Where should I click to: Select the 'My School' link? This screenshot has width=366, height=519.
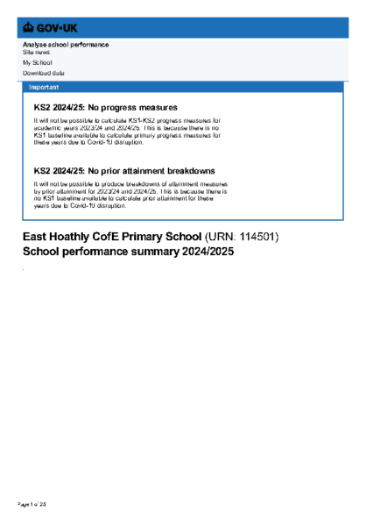pyautogui.click(x=37, y=63)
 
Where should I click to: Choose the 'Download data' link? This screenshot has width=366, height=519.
pyautogui.click(x=43, y=73)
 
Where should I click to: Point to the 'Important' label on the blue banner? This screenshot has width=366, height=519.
pyautogui.click(x=44, y=88)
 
